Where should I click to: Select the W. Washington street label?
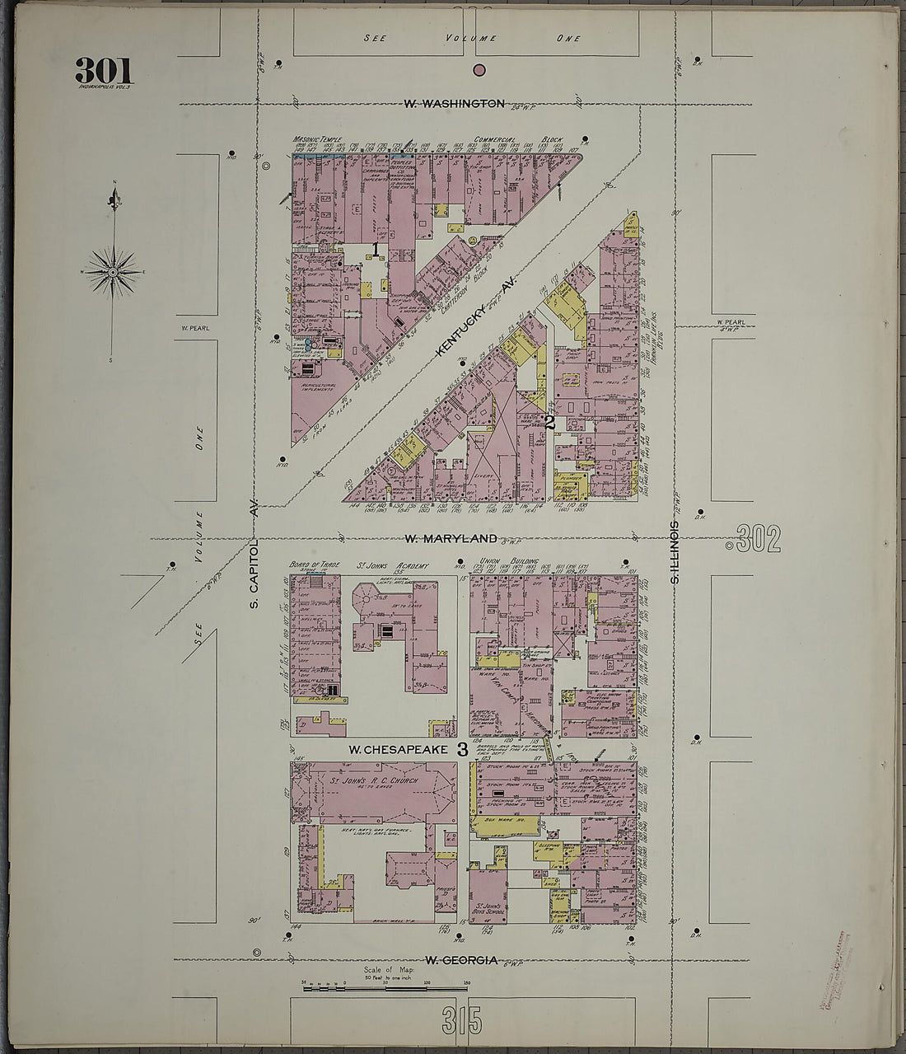coord(454,104)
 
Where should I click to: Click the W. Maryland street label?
coord(451,538)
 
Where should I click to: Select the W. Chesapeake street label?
coord(397,749)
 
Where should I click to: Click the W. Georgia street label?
coord(460,960)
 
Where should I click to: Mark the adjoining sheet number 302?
coord(759,540)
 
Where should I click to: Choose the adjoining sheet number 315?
coord(462,1022)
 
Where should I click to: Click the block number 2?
coord(549,423)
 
